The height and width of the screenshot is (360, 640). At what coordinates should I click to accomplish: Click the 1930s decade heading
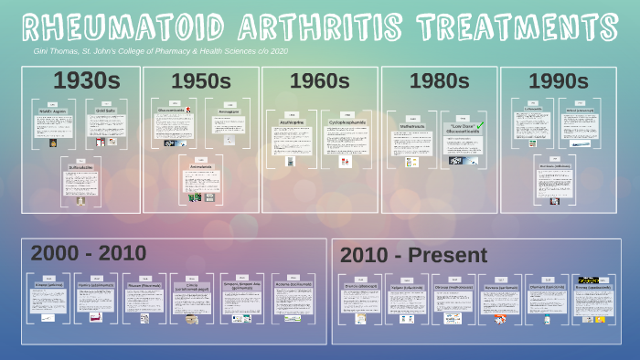click(x=81, y=81)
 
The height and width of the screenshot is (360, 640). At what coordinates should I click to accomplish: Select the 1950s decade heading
click(x=201, y=81)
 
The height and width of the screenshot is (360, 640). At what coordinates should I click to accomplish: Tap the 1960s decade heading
click(x=319, y=81)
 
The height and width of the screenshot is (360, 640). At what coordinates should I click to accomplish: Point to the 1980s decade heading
click(x=439, y=81)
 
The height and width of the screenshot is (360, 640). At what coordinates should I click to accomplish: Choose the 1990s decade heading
click(x=558, y=81)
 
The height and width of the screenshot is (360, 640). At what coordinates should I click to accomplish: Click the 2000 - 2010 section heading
click(x=88, y=253)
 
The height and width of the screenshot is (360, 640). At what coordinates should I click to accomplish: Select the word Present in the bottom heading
click(x=448, y=256)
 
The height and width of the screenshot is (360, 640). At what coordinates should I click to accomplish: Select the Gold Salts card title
click(x=106, y=111)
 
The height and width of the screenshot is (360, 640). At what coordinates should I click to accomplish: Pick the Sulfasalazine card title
click(x=80, y=167)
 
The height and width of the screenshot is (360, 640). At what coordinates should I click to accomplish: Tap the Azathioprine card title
click(x=291, y=122)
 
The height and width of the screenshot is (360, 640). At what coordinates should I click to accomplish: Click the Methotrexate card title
click(x=412, y=126)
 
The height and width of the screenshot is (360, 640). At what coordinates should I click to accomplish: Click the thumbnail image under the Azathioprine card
click(x=290, y=161)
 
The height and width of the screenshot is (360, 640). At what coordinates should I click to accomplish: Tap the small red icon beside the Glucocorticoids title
click(x=187, y=110)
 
